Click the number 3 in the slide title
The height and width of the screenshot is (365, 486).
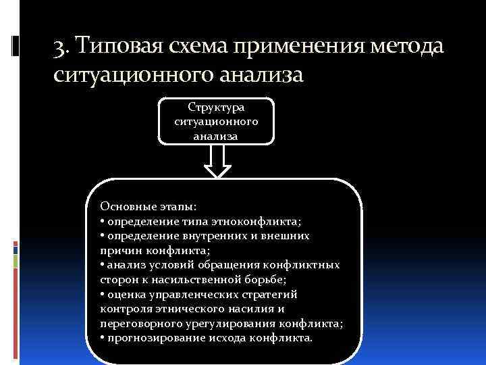(59, 49)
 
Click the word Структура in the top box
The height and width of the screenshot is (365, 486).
(217, 107)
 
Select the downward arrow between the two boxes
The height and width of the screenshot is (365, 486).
(217, 162)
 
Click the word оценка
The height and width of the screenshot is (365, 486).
(124, 295)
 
